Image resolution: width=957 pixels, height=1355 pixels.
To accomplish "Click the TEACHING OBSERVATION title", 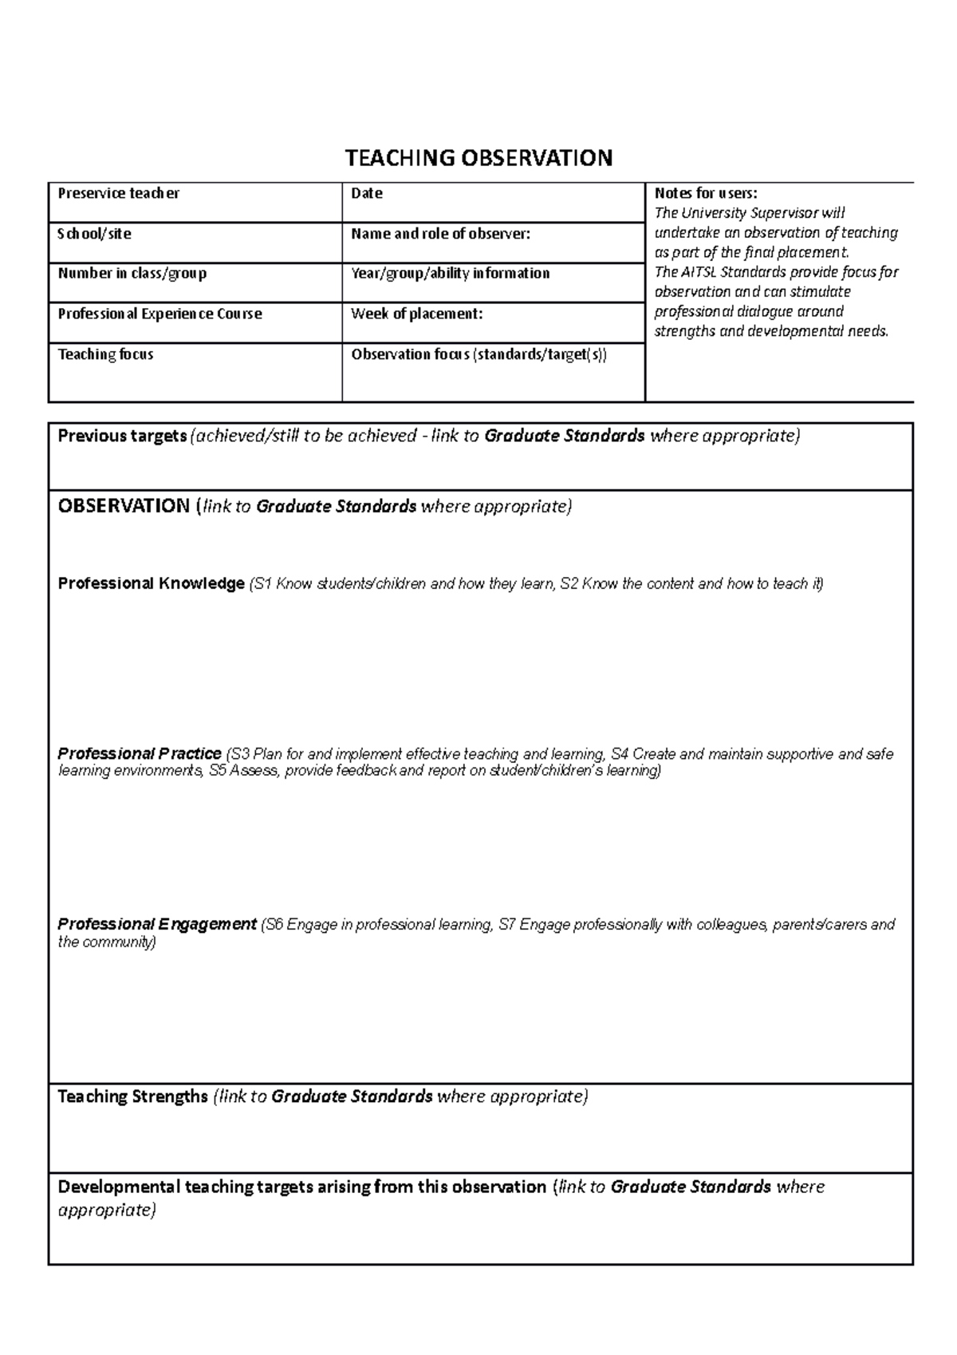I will (478, 158).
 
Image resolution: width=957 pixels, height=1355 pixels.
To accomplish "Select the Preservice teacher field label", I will (118, 193).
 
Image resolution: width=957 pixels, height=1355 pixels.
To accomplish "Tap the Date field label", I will (367, 193).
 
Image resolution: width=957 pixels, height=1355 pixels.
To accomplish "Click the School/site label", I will (94, 234).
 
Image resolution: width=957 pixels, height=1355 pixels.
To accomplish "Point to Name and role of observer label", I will (440, 234).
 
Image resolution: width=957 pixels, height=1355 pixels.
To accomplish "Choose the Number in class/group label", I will (132, 273).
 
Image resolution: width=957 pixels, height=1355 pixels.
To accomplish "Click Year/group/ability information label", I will (450, 273).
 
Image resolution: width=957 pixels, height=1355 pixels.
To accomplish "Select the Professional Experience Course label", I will (159, 314).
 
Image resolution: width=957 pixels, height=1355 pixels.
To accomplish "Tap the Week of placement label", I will (416, 314).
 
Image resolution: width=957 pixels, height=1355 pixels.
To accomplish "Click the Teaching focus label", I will (105, 354).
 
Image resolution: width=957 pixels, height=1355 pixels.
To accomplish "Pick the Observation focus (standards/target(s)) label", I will (478, 354).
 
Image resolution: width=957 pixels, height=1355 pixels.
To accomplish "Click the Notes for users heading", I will (705, 193).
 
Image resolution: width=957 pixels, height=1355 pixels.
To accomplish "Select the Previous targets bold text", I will (122, 436).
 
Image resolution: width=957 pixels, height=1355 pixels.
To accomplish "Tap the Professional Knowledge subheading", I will (151, 583).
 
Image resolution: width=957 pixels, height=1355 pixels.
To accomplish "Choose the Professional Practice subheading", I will (140, 753).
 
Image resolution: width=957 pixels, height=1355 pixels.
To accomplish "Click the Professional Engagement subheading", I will (157, 924).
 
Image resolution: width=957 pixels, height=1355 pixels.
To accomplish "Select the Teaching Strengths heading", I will (132, 1096).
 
